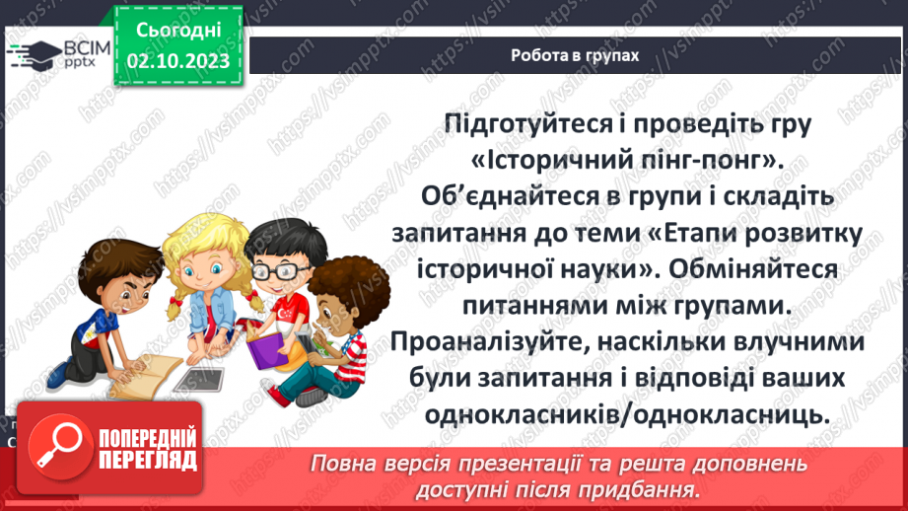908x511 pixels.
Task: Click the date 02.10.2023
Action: coord(178,61)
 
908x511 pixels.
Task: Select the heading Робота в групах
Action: coord(575,55)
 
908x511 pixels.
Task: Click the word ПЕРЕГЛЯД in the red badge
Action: coord(150,460)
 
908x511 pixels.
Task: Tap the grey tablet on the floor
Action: coord(200,377)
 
